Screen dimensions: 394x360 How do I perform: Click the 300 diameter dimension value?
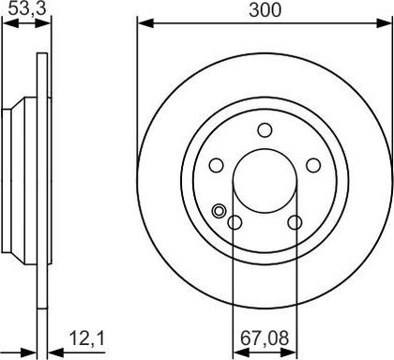tap(265, 9)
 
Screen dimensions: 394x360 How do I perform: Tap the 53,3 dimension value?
tap(27, 8)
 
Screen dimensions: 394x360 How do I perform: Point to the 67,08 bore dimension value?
tap(265, 338)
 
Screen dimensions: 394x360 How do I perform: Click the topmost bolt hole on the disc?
tap(265, 130)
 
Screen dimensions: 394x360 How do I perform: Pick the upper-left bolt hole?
tap(216, 165)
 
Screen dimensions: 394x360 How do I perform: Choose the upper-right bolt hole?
tap(313, 165)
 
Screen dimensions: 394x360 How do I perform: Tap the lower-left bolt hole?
tap(235, 222)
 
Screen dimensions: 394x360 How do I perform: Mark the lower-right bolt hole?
tap(295, 222)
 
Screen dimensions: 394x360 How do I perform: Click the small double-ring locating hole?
tap(219, 211)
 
